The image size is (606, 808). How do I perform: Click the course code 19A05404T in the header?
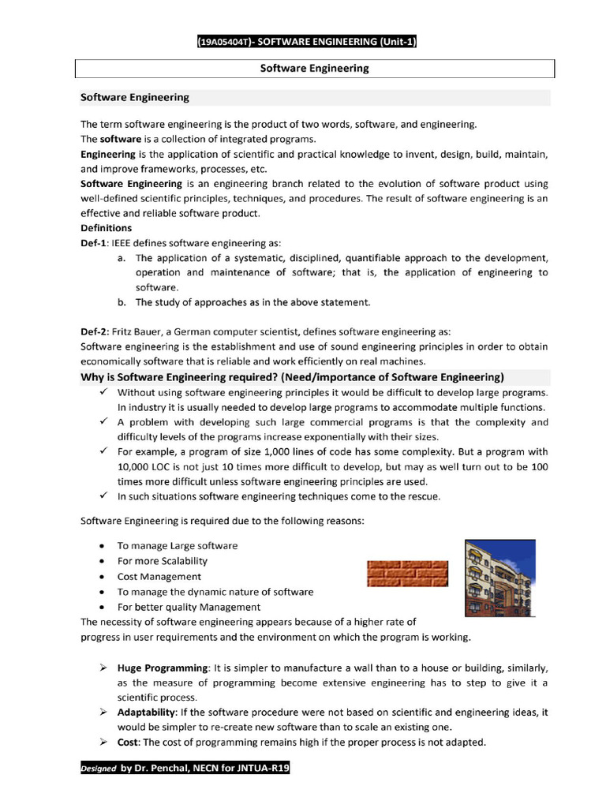(223, 42)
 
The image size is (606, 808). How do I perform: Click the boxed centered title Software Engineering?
(314, 69)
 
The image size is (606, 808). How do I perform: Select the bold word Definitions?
(107, 228)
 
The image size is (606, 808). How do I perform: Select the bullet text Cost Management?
(159, 577)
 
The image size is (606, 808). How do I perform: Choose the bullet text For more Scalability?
(162, 561)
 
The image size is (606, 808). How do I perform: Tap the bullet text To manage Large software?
(177, 546)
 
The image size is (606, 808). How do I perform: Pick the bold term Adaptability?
(148, 713)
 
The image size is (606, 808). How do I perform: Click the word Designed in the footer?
(98, 768)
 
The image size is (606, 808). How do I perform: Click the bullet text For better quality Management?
(189, 607)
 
